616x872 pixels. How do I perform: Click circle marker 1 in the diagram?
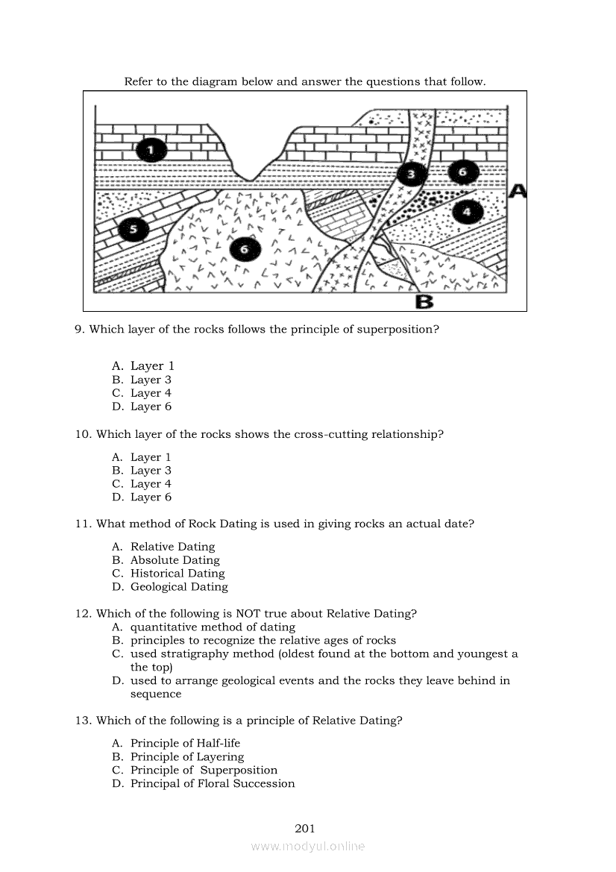[x=151, y=151]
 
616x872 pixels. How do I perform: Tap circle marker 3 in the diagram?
[x=411, y=175]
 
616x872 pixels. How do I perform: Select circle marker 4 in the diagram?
[x=467, y=212]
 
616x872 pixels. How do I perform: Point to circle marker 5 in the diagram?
[x=133, y=228]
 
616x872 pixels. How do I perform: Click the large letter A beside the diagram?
[x=518, y=192]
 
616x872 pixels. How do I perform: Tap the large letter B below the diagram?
[x=424, y=301]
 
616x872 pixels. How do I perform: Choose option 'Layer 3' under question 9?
[x=151, y=380]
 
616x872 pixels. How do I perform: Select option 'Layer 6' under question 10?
[x=151, y=498]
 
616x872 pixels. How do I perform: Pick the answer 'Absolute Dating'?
[x=175, y=560]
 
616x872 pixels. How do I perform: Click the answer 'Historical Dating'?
[x=177, y=574]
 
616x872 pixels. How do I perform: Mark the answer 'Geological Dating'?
[x=179, y=587]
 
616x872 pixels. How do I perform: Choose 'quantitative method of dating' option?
[x=213, y=627]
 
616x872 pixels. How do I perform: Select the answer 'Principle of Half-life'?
[x=185, y=743]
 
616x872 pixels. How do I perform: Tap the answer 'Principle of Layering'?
[x=187, y=756]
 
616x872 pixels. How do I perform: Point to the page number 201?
[x=305, y=828]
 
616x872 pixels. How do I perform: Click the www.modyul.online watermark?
[x=308, y=846]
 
